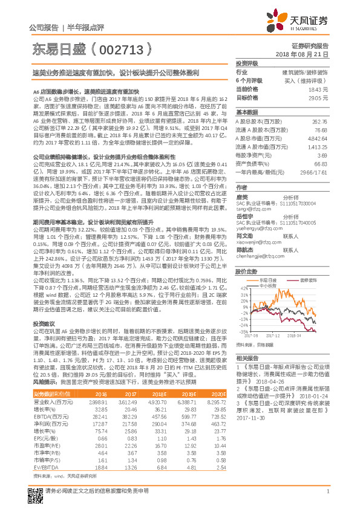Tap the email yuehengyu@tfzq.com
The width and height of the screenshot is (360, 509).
(x=257, y=229)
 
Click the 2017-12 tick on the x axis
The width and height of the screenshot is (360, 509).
(x=275, y=335)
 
